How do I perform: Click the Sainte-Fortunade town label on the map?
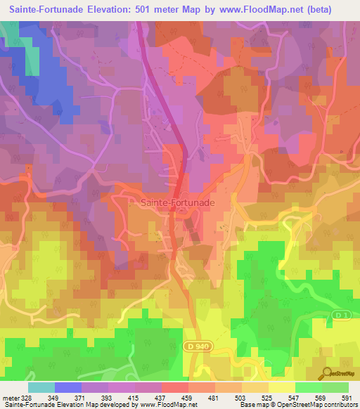[x=173, y=201]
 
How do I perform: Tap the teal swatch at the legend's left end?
[x=41, y=387]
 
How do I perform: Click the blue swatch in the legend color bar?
[x=67, y=387]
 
